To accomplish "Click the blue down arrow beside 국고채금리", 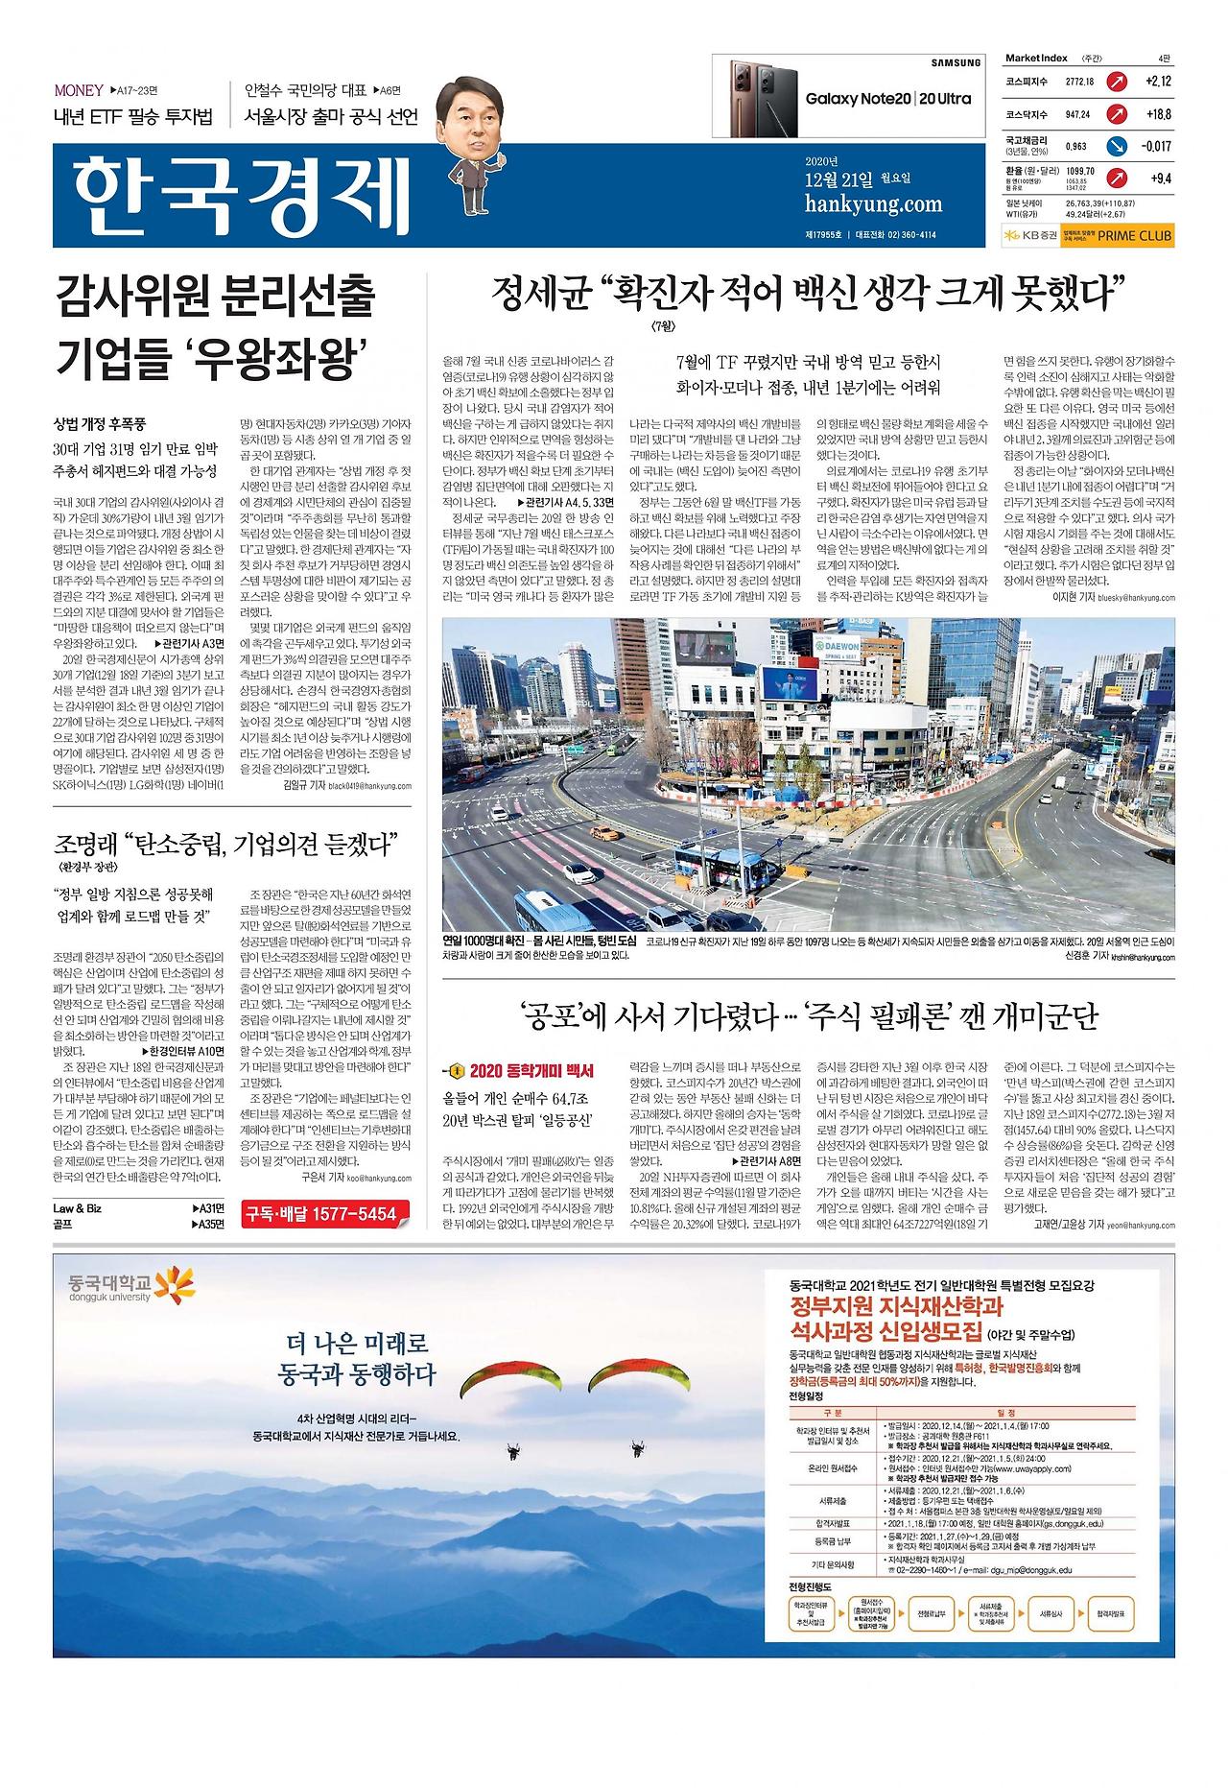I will pos(1115,147).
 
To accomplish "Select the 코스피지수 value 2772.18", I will pos(1079,82).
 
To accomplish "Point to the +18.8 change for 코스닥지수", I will pos(1159,114).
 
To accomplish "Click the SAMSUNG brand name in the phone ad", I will pos(956,62).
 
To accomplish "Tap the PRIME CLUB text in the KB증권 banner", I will pos(1136,235).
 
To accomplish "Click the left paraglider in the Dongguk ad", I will pos(510,1379).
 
